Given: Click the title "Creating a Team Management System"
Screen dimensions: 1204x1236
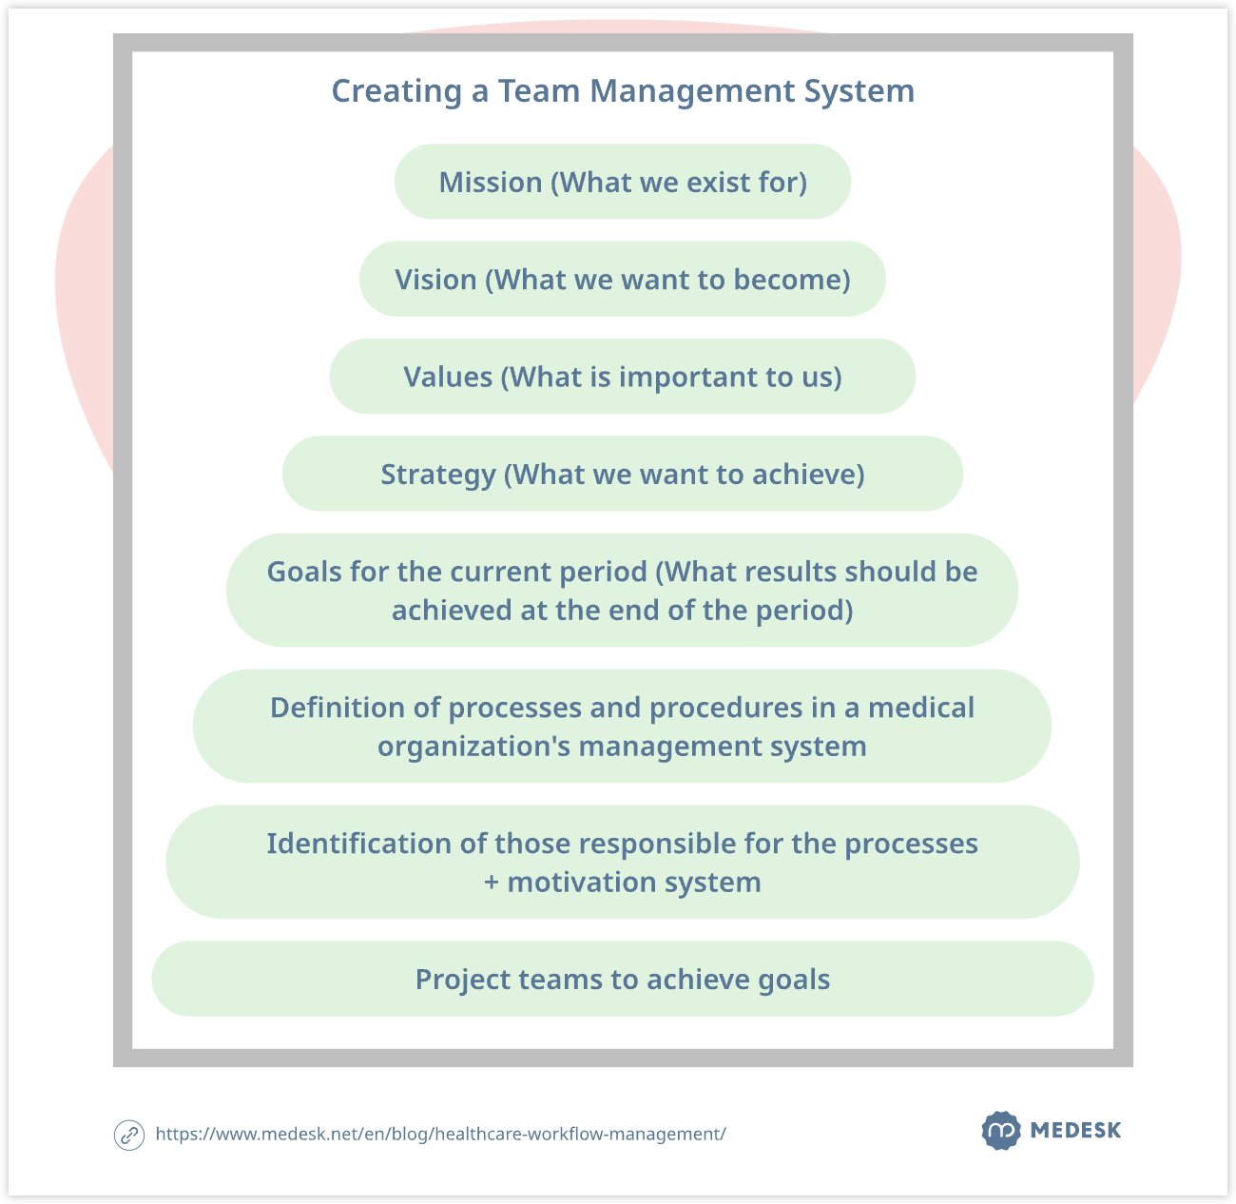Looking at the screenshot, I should (623, 91).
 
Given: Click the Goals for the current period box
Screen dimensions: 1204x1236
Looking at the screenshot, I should (623, 591).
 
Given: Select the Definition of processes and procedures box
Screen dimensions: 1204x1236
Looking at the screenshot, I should (623, 727).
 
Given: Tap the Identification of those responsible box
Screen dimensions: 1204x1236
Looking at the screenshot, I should (623, 863).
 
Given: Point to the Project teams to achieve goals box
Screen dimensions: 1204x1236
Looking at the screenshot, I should (623, 980).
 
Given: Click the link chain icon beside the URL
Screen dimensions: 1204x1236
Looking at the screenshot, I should (129, 1135).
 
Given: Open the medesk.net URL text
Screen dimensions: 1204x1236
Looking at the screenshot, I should (440, 1135).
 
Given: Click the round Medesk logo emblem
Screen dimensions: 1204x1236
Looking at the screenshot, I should (1001, 1131).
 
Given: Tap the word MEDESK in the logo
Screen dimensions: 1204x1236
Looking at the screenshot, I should (1075, 1131).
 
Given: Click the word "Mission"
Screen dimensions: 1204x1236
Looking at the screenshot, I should (491, 183).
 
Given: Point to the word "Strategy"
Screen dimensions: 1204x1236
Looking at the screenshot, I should (438, 475).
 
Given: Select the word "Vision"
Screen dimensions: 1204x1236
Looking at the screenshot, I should (435, 280).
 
